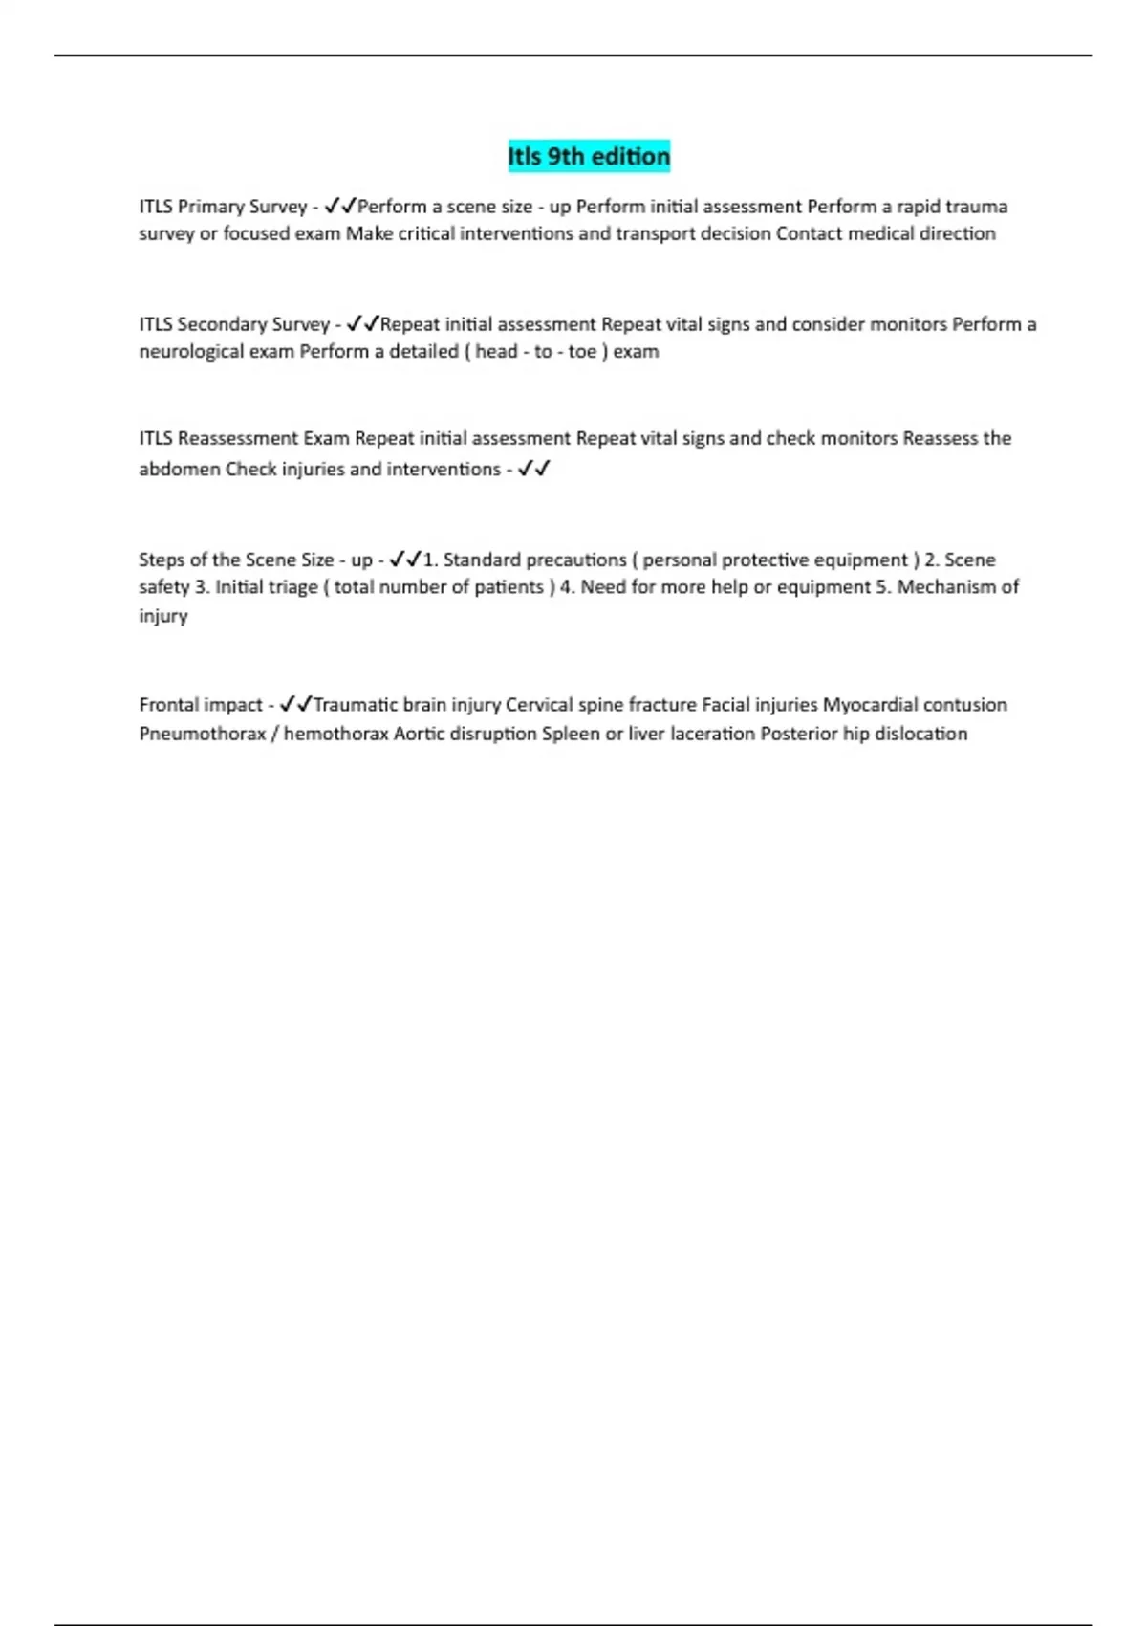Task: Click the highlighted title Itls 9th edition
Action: pos(589,156)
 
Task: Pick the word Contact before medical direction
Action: pos(810,233)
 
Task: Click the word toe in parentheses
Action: pos(582,351)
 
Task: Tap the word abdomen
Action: pos(180,469)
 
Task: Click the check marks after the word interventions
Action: pos(533,469)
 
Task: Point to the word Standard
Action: pos(482,560)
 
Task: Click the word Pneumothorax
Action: pos(203,734)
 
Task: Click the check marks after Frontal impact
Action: pos(295,705)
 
